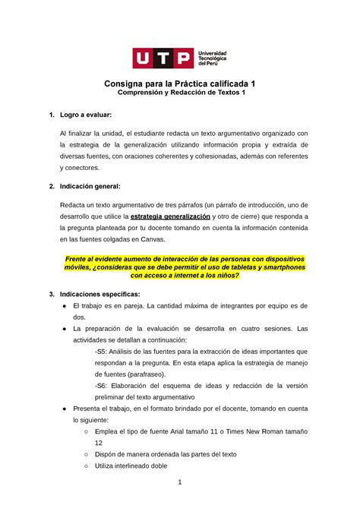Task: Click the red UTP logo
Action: click(x=162, y=58)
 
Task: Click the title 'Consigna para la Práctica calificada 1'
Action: click(x=179, y=84)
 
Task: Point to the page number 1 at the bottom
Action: click(x=179, y=482)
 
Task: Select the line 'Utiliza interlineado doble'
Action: click(x=127, y=465)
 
